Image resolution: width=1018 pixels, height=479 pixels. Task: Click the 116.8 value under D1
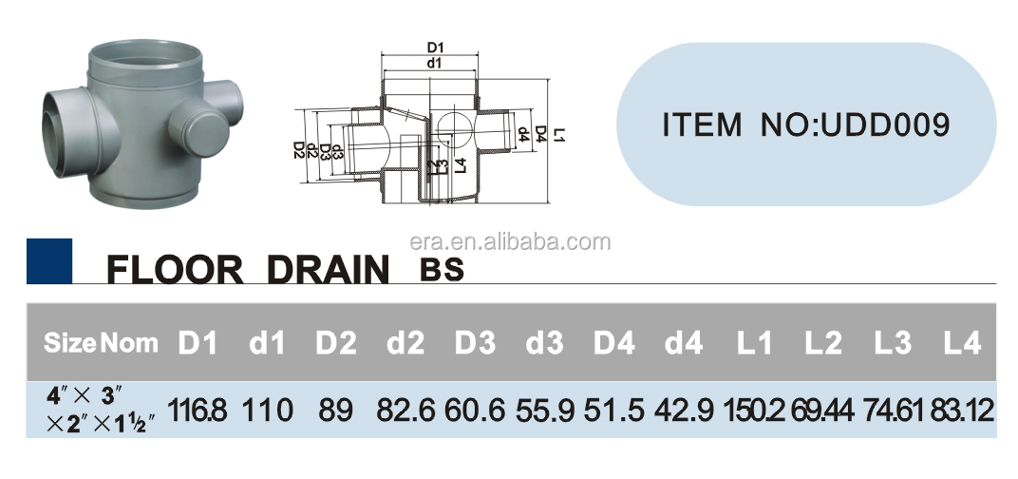click(198, 411)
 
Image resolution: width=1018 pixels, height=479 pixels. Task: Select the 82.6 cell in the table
click(405, 411)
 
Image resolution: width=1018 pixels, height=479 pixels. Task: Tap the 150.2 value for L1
click(754, 411)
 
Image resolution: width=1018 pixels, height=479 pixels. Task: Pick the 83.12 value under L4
click(962, 411)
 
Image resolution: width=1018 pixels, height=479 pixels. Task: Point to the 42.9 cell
click(685, 411)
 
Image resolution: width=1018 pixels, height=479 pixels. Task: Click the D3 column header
click(475, 343)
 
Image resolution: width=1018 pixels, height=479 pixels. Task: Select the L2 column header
click(823, 343)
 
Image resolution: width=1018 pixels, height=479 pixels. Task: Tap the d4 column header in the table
click(684, 343)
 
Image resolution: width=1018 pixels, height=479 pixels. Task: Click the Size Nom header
click(101, 342)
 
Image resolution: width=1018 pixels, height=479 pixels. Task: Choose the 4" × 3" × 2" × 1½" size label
click(101, 410)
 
